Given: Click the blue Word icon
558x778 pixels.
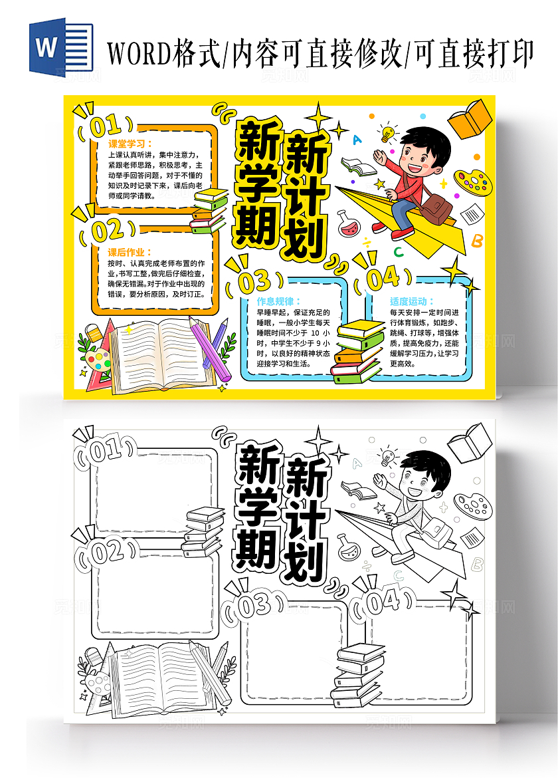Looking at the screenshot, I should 60,46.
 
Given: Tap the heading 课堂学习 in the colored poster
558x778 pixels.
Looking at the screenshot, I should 130,143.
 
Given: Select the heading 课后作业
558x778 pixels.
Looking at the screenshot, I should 130,252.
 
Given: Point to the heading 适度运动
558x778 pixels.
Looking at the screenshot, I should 412,301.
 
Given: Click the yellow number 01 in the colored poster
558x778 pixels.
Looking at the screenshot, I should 104,126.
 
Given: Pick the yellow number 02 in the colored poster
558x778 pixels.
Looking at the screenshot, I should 107,231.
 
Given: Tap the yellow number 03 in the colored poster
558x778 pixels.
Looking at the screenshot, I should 254,282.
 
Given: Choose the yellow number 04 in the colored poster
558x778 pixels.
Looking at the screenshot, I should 383,278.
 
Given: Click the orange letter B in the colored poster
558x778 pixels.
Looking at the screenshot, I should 477,241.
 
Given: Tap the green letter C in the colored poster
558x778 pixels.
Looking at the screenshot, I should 398,252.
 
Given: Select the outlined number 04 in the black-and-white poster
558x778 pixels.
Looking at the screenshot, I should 383,602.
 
